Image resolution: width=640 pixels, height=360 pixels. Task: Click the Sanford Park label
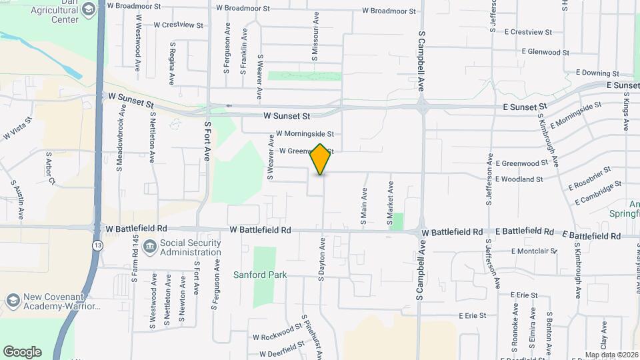coord(259,275)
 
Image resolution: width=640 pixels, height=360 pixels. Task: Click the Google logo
coord(22,352)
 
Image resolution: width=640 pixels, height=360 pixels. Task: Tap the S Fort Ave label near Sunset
coord(207,141)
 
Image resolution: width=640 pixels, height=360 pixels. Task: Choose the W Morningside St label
coord(304,134)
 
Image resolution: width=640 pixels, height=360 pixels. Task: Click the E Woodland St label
coord(519,179)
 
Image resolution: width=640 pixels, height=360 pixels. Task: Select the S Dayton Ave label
coord(321,257)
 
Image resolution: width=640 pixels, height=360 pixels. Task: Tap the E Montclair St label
coord(534,251)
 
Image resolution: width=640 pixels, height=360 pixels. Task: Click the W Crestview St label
coord(178,25)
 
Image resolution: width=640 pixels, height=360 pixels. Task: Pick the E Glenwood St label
coord(545,51)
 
